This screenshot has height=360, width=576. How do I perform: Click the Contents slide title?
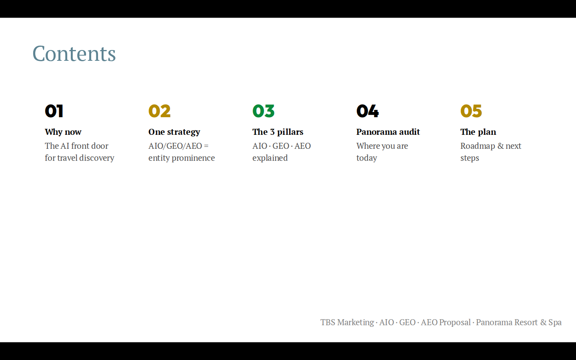74,54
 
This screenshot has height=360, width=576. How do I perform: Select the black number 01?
54,111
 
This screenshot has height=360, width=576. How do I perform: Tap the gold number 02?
160,111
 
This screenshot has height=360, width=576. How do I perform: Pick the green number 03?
264,111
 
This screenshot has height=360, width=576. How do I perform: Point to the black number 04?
368,111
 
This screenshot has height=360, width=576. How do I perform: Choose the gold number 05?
471,111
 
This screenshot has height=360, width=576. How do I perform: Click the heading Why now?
63,132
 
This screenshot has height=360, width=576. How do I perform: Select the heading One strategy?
174,132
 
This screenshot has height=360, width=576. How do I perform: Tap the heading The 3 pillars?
278,132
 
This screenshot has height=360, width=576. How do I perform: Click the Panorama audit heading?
388,132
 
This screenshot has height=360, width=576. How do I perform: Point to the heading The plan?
478,132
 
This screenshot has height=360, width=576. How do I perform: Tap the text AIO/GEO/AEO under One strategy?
175,146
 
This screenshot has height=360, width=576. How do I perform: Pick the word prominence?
193,158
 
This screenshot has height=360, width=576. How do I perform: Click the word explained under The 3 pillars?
270,158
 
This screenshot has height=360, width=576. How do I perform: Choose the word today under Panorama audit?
367,158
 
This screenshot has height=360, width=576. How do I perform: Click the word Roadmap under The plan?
478,146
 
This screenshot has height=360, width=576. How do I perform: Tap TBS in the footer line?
328,322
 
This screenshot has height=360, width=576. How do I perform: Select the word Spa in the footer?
555,322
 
